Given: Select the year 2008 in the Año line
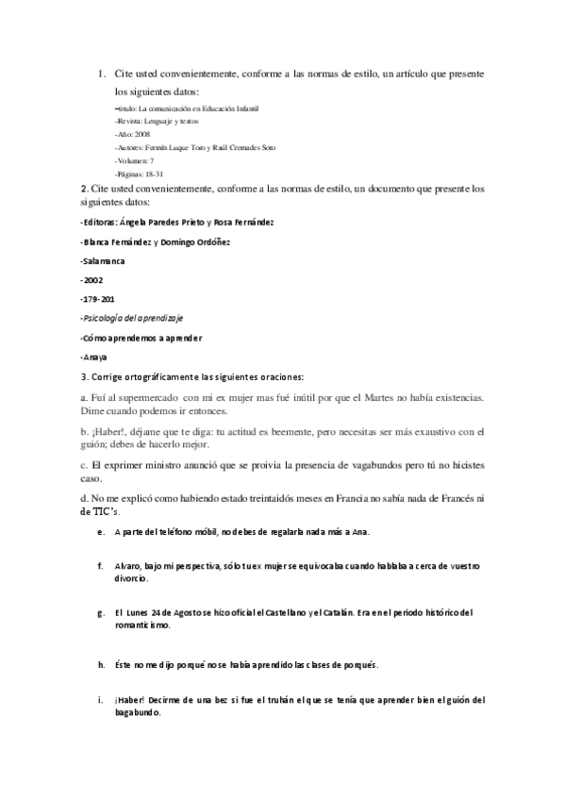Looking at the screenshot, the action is click(141, 135).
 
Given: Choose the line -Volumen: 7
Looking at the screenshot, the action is click(136, 161).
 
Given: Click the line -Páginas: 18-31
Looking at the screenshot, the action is click(140, 175).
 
